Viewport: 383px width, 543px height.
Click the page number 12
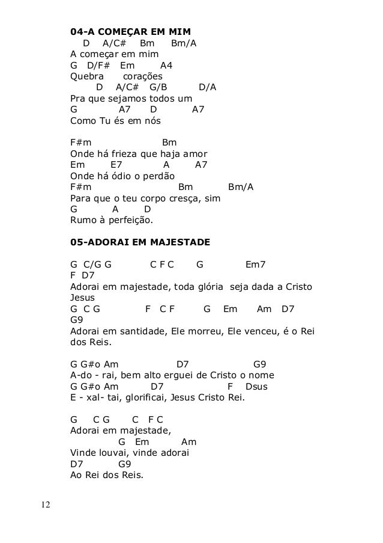(x=45, y=503)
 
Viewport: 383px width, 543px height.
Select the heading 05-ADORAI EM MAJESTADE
(x=140, y=242)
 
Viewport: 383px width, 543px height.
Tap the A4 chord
(x=167, y=65)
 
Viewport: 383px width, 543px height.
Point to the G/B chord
(x=158, y=87)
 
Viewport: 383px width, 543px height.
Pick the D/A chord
(x=208, y=87)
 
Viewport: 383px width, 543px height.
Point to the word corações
(x=142, y=76)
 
